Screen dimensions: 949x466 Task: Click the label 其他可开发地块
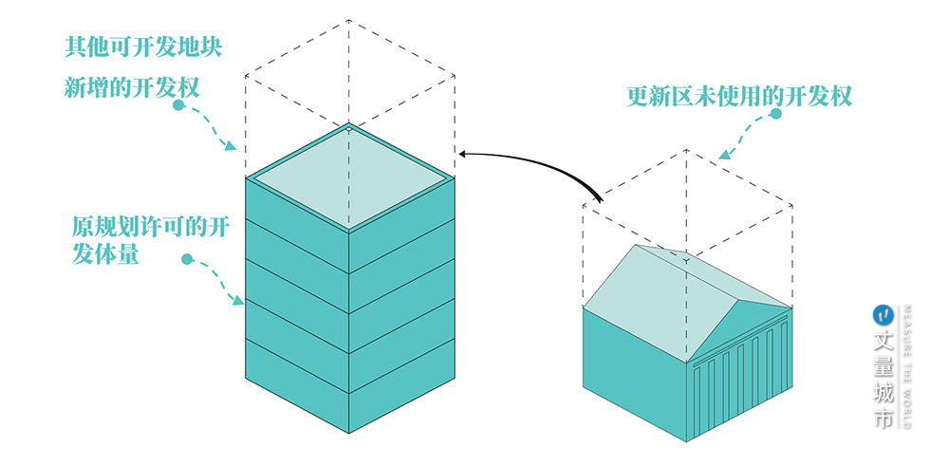click(143, 47)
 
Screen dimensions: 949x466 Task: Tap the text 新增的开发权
click(131, 87)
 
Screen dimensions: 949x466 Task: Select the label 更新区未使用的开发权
click(739, 96)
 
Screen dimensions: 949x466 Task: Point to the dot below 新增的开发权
click(178, 105)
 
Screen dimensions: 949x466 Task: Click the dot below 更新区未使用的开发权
click(775, 113)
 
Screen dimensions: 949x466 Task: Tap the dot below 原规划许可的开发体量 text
click(187, 259)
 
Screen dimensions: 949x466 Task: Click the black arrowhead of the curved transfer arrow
click(462, 154)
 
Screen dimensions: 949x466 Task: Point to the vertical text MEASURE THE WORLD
click(906, 366)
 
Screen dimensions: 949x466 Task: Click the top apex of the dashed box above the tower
click(349, 20)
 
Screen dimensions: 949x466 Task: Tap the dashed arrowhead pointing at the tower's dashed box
click(230, 145)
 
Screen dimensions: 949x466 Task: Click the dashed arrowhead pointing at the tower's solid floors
click(238, 299)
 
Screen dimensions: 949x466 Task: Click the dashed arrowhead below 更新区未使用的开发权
click(725, 154)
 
